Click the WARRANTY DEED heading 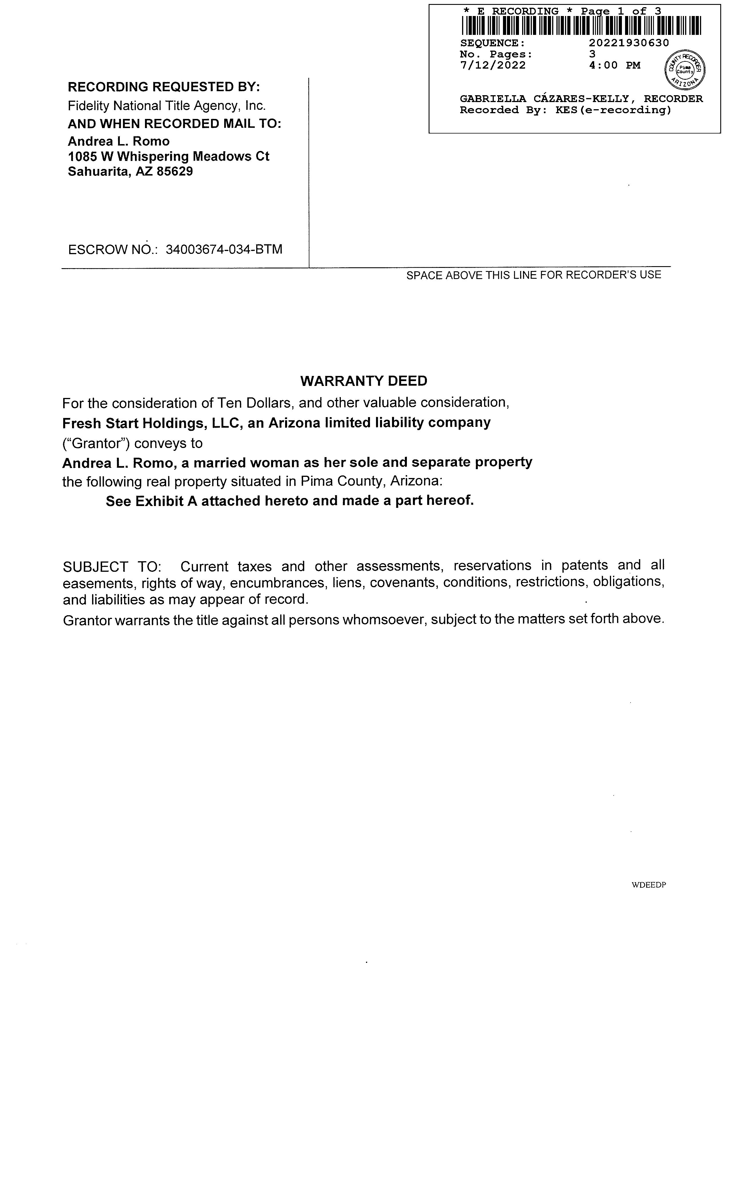click(x=363, y=381)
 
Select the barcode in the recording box click(x=581, y=25)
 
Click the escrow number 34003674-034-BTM click(x=224, y=250)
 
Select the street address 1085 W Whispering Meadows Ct click(x=168, y=157)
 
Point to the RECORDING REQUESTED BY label click(x=164, y=87)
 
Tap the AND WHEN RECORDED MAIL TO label click(x=174, y=124)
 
